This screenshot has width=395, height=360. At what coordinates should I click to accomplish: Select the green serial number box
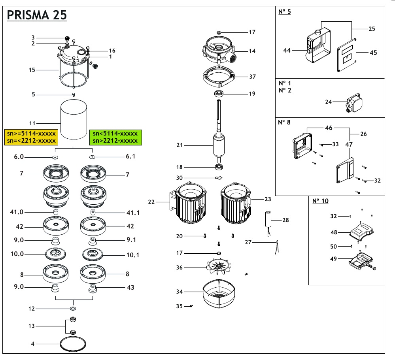115,137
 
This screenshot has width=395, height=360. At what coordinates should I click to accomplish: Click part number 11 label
33,123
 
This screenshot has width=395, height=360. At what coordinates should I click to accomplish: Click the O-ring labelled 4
73,344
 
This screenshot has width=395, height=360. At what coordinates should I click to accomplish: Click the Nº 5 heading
284,12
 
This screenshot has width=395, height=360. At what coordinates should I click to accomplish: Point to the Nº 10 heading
320,201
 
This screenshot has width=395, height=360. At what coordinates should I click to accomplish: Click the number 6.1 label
130,156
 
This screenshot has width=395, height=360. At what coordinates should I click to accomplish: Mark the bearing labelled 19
219,94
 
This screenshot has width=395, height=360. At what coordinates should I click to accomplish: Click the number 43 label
130,287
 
